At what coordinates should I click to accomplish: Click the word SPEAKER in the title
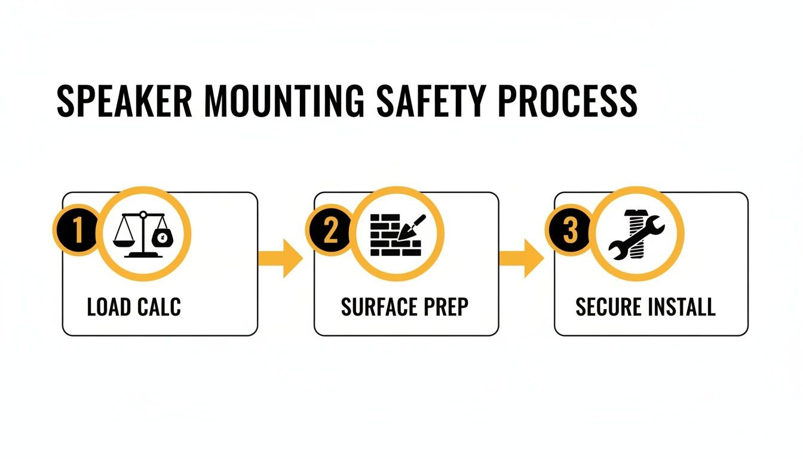coord(124,101)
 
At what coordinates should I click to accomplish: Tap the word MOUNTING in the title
coord(280,101)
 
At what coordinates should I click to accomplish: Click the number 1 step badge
coord(76,232)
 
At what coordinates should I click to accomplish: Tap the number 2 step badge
coord(330,232)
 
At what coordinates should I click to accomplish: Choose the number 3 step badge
coord(570,232)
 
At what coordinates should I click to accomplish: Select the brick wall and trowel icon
coord(397,234)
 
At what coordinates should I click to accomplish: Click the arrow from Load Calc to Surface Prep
coord(281,258)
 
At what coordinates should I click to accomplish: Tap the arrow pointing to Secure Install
coord(522,258)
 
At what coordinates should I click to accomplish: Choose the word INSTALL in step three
coord(682,307)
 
